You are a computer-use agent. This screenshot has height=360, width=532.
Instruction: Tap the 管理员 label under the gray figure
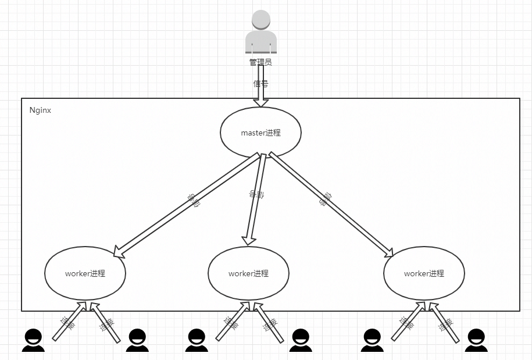(x=260, y=62)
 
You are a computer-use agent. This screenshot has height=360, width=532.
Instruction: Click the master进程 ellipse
(x=260, y=133)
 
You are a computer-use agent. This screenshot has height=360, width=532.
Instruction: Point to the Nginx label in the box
(x=40, y=110)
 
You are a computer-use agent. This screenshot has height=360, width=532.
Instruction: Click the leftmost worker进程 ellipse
(x=85, y=273)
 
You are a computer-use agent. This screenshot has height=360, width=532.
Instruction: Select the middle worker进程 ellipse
(x=248, y=273)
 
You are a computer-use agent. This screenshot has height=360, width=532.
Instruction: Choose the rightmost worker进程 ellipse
(x=424, y=273)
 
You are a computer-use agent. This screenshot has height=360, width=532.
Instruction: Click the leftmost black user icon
(x=33, y=340)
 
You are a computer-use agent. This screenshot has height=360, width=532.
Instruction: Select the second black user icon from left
(x=137, y=340)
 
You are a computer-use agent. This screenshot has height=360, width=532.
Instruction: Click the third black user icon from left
(x=197, y=340)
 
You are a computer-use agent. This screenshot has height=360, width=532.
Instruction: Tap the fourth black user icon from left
(x=300, y=340)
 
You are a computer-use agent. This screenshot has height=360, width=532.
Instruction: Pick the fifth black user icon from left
(x=372, y=340)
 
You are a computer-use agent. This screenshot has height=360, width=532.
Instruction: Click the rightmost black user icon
(x=476, y=340)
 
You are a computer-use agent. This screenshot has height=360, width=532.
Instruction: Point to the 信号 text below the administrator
(x=260, y=83)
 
